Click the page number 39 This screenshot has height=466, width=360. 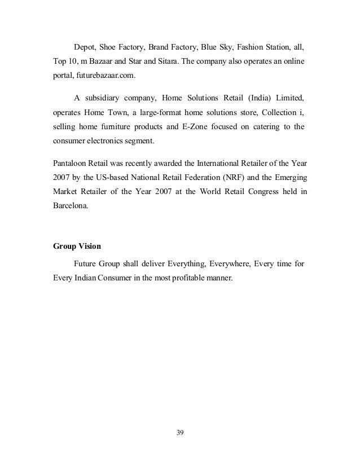pyautogui.click(x=181, y=433)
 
